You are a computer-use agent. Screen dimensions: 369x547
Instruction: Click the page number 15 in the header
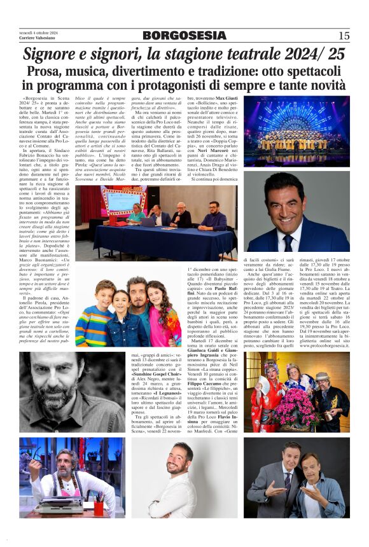point(344,36)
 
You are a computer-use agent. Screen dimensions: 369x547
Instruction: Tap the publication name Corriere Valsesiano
point(37,39)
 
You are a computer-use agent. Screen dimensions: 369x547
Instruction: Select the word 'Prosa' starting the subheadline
point(48,72)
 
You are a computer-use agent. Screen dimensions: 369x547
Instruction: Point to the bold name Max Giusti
point(223,99)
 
